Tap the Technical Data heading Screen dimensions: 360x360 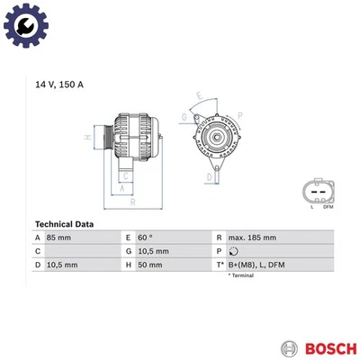point(68,223)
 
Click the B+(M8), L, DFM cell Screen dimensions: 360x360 point(257,265)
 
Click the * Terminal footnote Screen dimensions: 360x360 point(244,275)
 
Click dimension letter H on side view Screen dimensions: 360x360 point(88,138)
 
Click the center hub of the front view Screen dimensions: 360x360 point(214,137)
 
